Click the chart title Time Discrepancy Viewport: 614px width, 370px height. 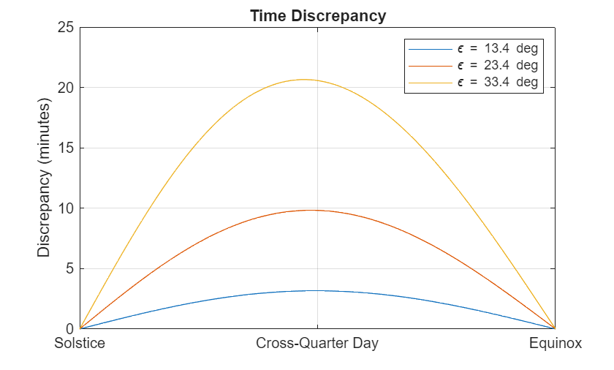tap(317, 15)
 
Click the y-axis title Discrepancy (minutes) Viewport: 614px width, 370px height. tap(44, 178)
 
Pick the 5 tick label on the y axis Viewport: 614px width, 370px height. tap(69, 269)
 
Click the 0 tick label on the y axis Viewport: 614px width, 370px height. tap(69, 329)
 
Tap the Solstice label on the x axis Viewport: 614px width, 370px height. tap(80, 344)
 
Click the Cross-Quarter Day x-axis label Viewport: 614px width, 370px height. tap(317, 344)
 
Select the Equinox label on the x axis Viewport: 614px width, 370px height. tap(556, 344)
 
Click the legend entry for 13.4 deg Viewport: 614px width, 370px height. tap(497, 49)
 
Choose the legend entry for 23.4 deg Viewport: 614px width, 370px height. tap(497, 66)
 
